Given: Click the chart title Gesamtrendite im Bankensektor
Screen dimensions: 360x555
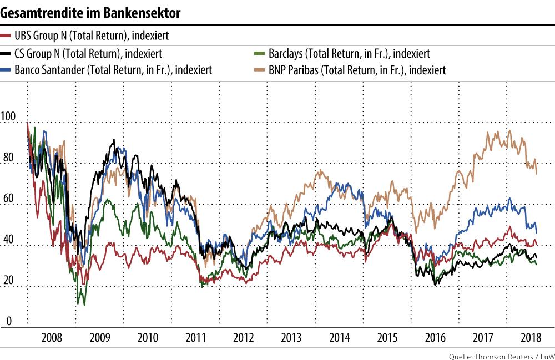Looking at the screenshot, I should tap(91, 13).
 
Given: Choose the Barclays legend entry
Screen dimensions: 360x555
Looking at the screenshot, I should tap(349, 54).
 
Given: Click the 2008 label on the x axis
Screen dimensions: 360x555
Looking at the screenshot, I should tap(52, 337).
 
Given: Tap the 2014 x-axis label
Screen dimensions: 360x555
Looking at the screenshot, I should tap(339, 337).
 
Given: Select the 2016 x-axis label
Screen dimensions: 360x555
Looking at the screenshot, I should tap(435, 337).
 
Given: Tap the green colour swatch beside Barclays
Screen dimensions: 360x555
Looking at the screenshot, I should tap(257, 53).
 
